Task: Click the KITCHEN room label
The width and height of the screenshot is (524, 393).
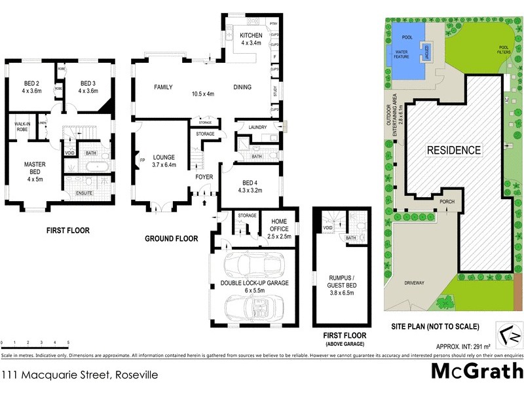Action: [251, 35]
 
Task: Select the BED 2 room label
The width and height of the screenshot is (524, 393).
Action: [32, 83]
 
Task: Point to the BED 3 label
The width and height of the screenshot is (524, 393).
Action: [88, 83]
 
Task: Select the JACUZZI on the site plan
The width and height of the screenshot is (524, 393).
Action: [425, 50]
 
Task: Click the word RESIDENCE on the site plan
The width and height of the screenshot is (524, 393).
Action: [454, 150]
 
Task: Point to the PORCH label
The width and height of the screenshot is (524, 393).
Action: [447, 201]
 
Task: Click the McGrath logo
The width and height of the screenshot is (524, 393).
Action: [476, 372]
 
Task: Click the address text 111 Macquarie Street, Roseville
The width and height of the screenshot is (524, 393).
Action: [79, 375]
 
